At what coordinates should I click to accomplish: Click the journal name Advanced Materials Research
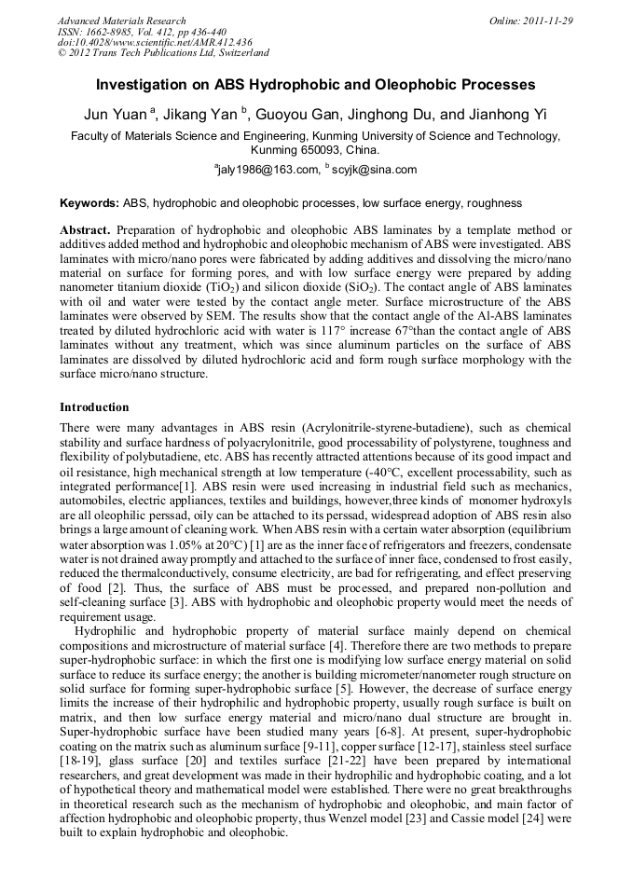pos(122,21)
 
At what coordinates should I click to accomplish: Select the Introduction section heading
pos(94,407)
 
